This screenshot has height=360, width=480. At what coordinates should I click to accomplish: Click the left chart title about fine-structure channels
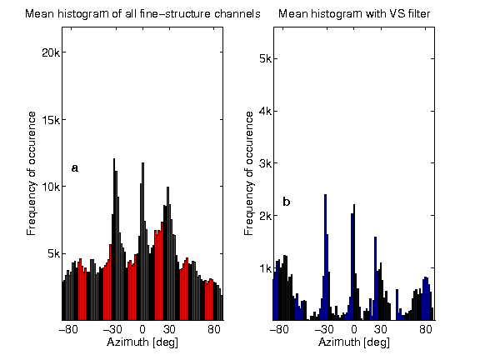coord(142,14)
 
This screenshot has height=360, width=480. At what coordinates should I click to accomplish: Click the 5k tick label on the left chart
coord(49,253)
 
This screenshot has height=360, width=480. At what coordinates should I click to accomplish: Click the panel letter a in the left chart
coord(75,168)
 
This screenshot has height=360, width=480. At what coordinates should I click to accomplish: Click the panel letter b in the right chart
coord(287,202)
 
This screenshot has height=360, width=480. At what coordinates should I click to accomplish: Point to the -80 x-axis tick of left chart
coord(70,330)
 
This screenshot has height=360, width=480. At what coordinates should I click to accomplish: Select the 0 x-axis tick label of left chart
coord(142,330)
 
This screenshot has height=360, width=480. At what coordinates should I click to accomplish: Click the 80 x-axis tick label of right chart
coord(426,330)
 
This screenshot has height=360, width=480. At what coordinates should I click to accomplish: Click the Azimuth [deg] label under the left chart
coord(142,342)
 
